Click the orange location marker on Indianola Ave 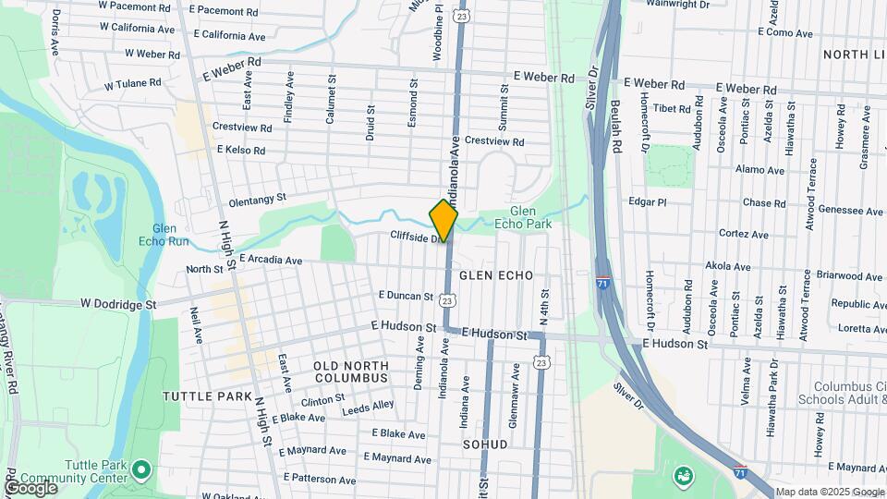443,220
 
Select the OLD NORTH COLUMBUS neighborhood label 351,371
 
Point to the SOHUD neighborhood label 485,444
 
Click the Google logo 30,488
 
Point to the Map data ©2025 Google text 829,492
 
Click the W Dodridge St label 119,303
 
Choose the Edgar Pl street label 647,201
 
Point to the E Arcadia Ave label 271,261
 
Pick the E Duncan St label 406,296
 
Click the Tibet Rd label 672,108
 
